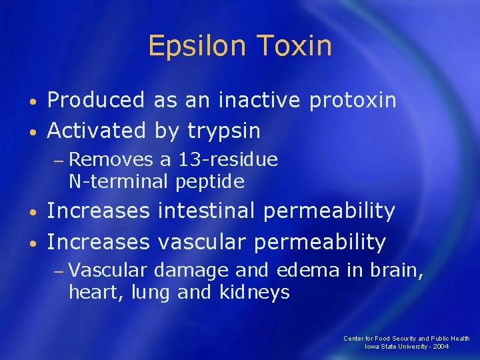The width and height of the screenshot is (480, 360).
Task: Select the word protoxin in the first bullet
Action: (353, 101)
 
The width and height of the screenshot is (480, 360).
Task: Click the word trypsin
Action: (223, 131)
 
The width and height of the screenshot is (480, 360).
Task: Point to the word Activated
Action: (97, 131)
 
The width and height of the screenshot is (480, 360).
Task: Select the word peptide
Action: (210, 181)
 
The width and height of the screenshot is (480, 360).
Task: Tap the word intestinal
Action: (206, 211)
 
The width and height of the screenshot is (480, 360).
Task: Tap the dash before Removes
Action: (59, 161)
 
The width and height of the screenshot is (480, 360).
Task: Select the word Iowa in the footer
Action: (372, 347)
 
